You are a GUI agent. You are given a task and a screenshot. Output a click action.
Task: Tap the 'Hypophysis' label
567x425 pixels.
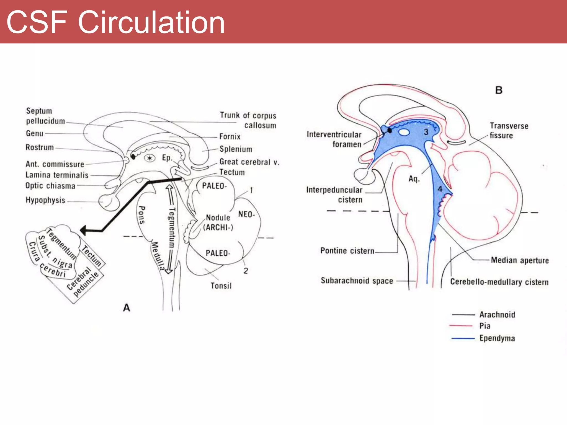pyautogui.click(x=45, y=200)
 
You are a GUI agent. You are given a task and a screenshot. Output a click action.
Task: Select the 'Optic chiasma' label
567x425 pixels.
pyautogui.click(x=50, y=186)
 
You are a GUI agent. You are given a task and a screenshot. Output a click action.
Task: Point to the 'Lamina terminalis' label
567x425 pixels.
pyautogui.click(x=57, y=175)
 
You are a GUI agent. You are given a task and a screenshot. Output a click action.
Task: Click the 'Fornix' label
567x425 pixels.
pyautogui.click(x=230, y=136)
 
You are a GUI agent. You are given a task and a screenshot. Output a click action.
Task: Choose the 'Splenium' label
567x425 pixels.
pyautogui.click(x=236, y=149)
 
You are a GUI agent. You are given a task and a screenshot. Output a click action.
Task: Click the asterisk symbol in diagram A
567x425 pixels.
pyautogui.click(x=150, y=158)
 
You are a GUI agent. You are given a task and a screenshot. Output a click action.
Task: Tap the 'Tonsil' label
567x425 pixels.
pyautogui.click(x=221, y=286)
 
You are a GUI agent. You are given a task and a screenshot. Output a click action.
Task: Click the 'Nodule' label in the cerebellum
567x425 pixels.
pyautogui.click(x=218, y=217)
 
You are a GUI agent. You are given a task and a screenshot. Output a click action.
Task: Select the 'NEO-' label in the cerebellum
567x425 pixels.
pyautogui.click(x=246, y=214)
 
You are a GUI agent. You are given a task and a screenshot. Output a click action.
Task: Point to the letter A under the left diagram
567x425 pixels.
pyautogui.click(x=127, y=308)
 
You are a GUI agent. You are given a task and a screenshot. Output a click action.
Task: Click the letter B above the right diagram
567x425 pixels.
pyautogui.click(x=499, y=90)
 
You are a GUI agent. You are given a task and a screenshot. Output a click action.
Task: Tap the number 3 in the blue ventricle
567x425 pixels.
pyautogui.click(x=426, y=132)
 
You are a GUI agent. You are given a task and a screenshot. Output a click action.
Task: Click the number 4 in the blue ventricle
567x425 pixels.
pyautogui.click(x=440, y=189)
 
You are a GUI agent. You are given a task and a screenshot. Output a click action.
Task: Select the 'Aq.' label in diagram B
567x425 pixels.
pyautogui.click(x=414, y=179)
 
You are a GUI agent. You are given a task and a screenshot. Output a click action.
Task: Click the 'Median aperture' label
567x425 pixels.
pyautogui.click(x=520, y=260)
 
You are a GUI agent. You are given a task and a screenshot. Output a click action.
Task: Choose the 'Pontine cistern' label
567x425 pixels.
pyautogui.click(x=347, y=251)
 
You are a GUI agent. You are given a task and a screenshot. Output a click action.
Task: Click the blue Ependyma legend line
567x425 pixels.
pyautogui.click(x=463, y=338)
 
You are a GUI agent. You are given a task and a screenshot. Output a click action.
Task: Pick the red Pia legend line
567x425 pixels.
pyautogui.click(x=461, y=326)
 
